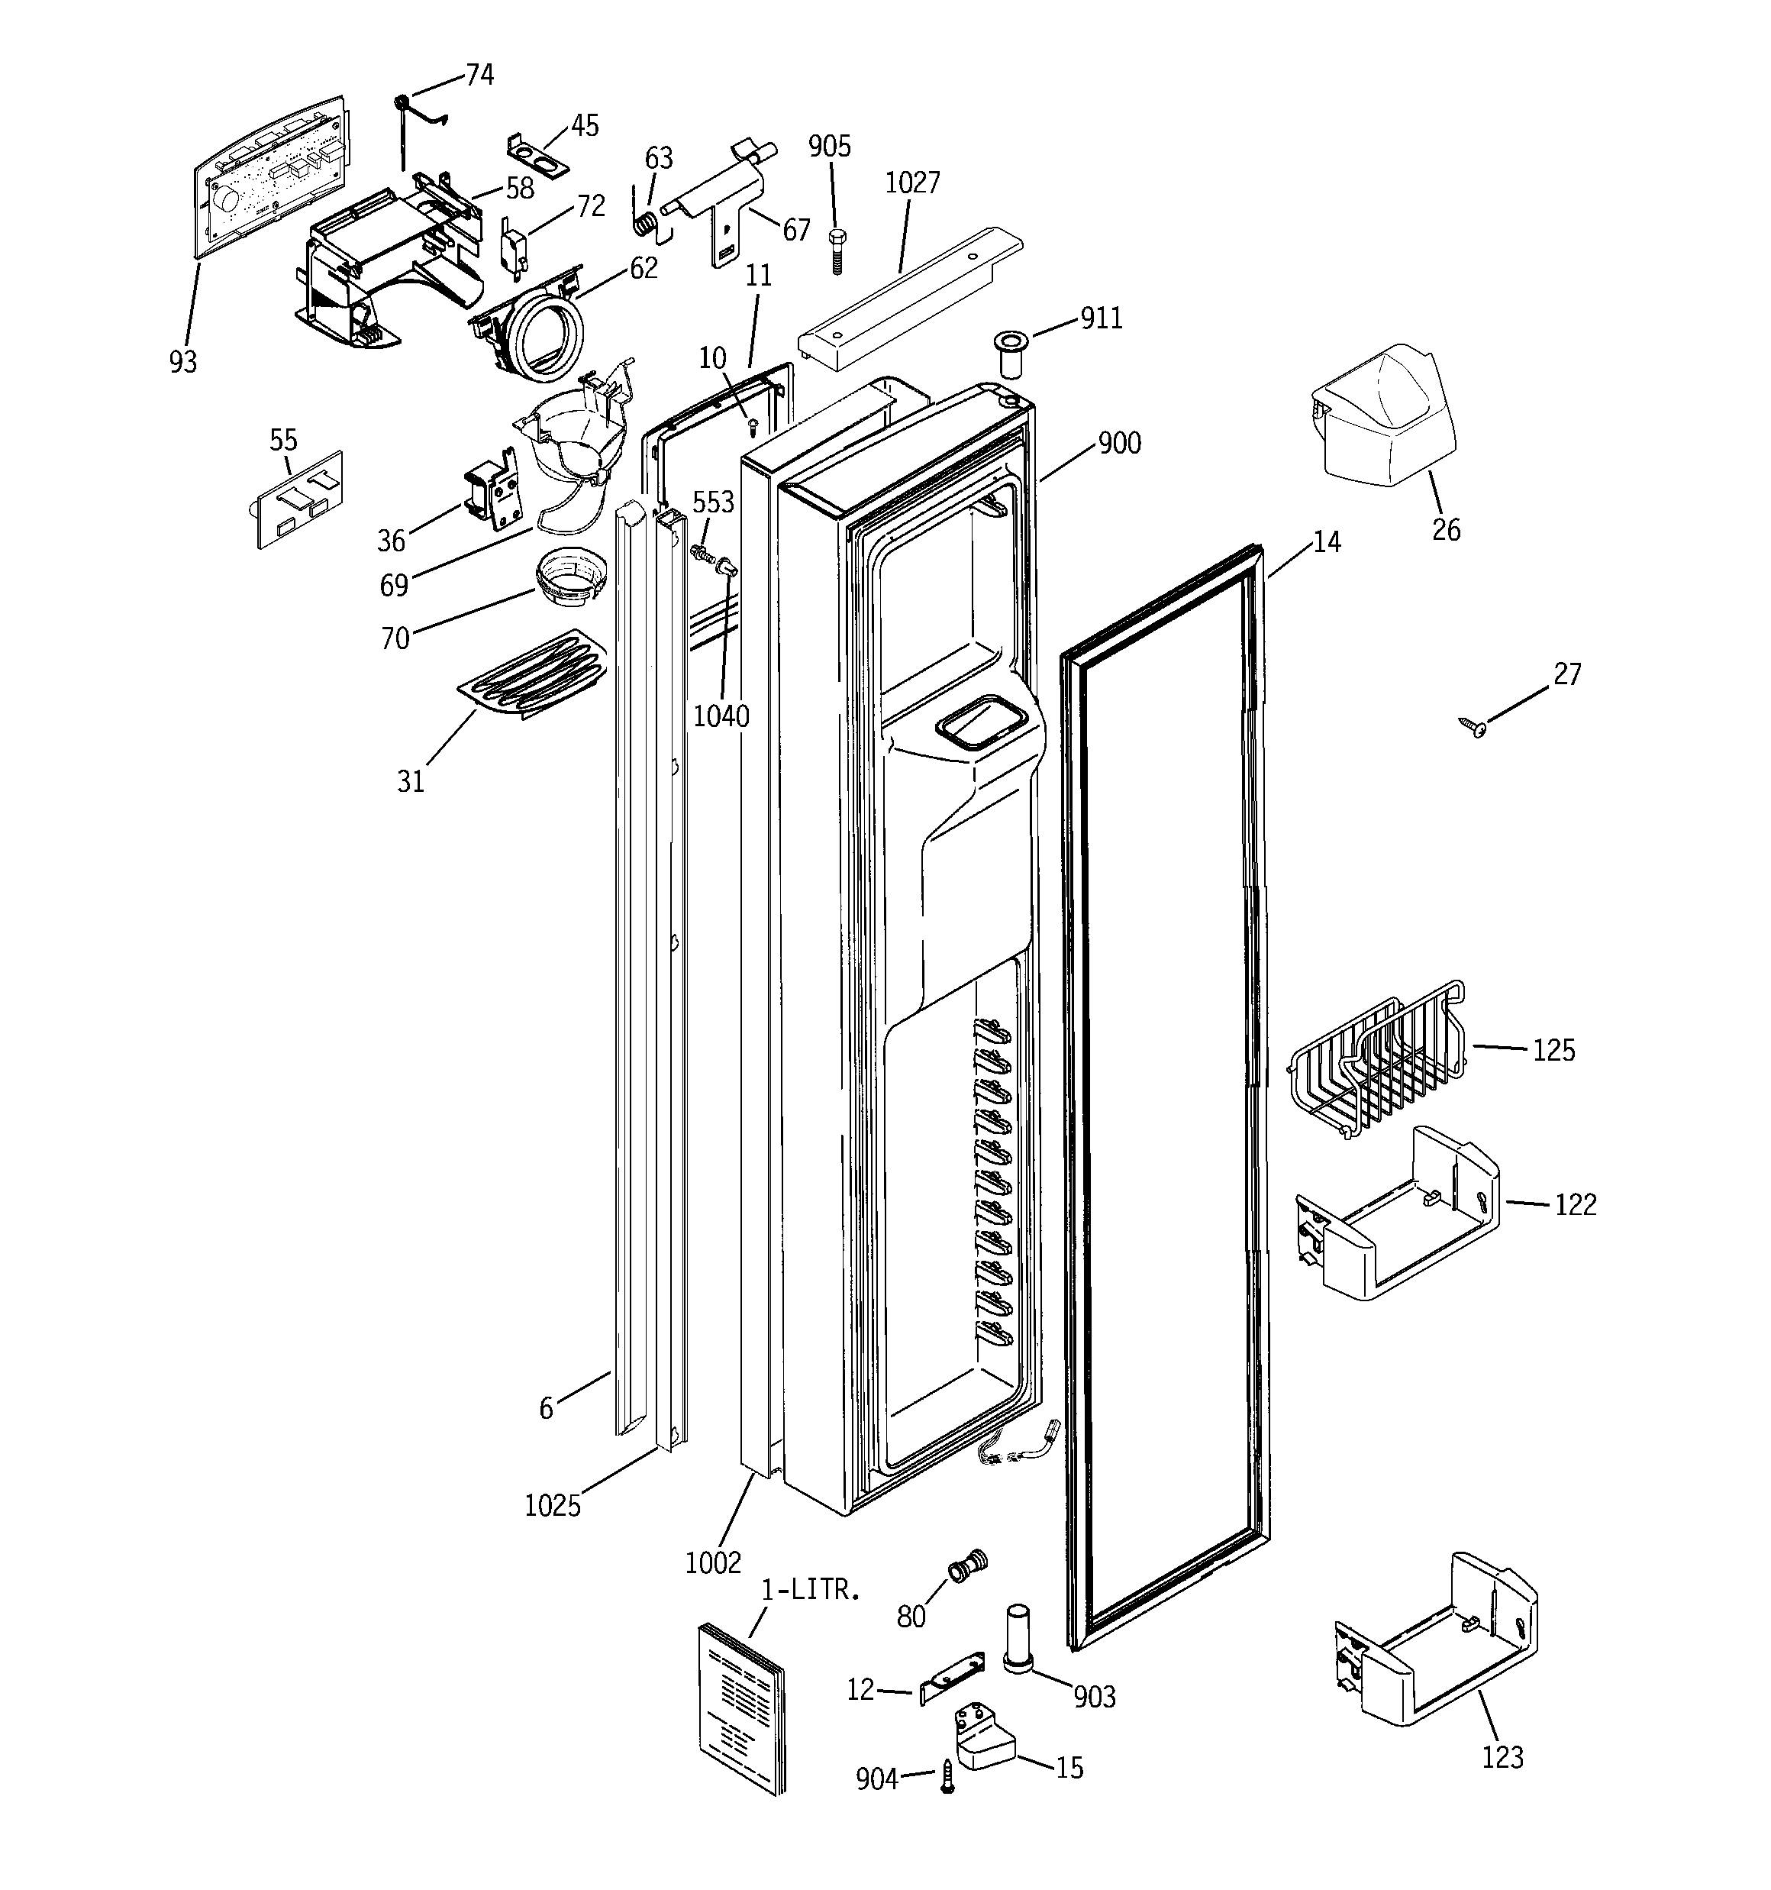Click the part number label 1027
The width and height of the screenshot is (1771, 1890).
pyautogui.click(x=911, y=183)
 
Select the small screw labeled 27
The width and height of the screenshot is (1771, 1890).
pyautogui.click(x=1476, y=729)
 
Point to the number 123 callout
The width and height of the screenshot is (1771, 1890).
pyautogui.click(x=1502, y=1757)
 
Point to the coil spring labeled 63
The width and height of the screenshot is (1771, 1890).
pyautogui.click(x=644, y=225)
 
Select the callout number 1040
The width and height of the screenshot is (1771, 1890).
pyautogui.click(x=721, y=716)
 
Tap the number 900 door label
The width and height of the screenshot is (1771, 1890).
pyautogui.click(x=1119, y=443)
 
